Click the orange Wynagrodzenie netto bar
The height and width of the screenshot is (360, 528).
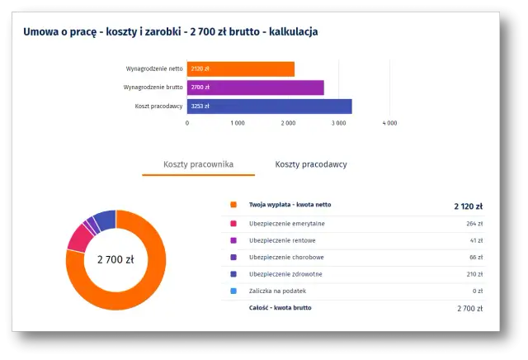[240, 69]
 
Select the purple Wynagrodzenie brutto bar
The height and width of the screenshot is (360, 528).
[255, 88]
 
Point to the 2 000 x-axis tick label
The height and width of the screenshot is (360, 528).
[289, 123]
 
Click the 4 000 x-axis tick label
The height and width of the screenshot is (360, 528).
[389, 123]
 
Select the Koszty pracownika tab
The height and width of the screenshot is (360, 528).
[198, 164]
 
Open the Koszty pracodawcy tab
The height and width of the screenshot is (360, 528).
[311, 164]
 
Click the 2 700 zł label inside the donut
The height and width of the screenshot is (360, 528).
[115, 259]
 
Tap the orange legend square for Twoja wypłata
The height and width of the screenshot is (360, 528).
[233, 205]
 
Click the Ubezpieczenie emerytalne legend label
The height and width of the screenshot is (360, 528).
[286, 223]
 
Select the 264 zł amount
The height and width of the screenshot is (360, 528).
[474, 223]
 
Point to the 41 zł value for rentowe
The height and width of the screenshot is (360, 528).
[476, 240]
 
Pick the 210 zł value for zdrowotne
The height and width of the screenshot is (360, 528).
[474, 273]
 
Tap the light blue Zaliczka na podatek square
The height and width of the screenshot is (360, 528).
[233, 291]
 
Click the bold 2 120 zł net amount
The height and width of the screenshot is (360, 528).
[468, 206]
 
